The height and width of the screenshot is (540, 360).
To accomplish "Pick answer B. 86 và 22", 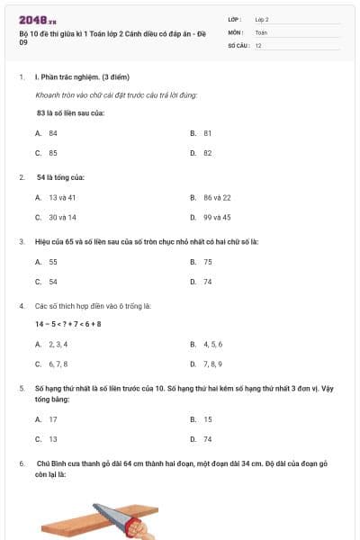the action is pyautogui.click(x=211, y=197).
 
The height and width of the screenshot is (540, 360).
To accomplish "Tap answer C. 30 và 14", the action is pyautogui.click(x=56, y=218).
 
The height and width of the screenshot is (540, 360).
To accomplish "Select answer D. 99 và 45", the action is pyautogui.click(x=211, y=218).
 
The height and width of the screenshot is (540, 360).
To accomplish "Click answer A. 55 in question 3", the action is pyautogui.click(x=47, y=262).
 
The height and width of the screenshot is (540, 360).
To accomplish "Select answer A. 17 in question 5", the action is pyautogui.click(x=47, y=419).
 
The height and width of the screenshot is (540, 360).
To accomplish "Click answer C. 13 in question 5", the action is pyautogui.click(x=47, y=440).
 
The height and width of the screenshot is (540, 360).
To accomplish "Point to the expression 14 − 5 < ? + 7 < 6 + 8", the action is pyautogui.click(x=68, y=324).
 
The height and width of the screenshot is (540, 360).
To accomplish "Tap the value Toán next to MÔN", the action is pyautogui.click(x=261, y=31).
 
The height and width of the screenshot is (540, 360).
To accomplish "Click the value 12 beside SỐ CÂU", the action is pyautogui.click(x=258, y=45).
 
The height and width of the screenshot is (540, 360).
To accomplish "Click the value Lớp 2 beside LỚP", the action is pyautogui.click(x=262, y=19).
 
